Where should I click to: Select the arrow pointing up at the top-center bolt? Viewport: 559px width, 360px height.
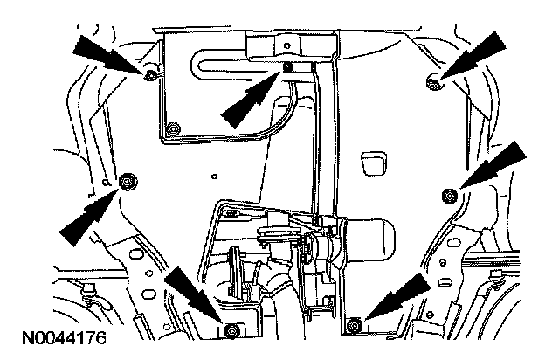(249, 98)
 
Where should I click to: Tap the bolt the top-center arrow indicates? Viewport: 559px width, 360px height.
(287, 67)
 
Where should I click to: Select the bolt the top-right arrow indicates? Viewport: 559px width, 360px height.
(432, 82)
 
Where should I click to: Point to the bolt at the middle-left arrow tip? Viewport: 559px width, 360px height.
(128, 181)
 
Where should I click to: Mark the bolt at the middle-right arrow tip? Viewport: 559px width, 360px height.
(449, 194)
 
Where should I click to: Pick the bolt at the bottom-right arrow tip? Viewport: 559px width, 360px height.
(354, 326)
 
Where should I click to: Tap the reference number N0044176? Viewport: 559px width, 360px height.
(59, 336)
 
